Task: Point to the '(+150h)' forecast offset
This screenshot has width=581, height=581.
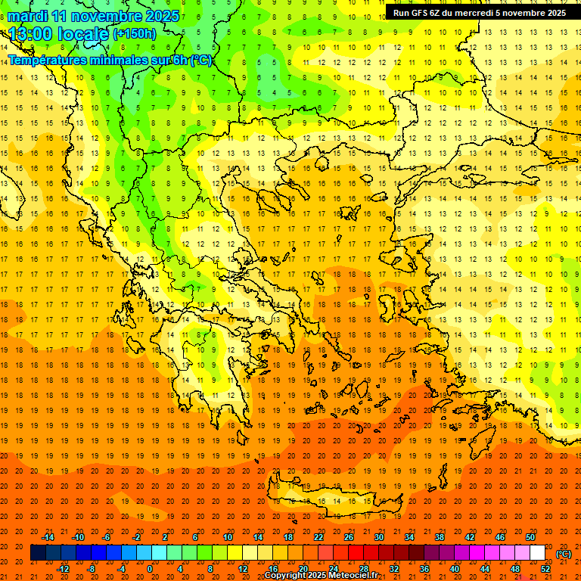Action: click(134, 34)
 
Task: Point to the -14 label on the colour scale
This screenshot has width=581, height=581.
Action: click(48, 537)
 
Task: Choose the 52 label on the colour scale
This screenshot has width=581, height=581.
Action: click(545, 569)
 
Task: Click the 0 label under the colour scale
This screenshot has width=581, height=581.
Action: click(149, 569)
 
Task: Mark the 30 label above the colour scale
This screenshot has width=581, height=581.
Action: click(378, 537)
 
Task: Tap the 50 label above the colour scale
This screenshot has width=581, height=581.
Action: click(530, 537)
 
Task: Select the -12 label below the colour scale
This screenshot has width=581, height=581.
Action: click(63, 569)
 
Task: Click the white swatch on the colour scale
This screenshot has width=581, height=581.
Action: click(537, 553)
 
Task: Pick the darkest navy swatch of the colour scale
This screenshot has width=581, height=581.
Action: click(38, 553)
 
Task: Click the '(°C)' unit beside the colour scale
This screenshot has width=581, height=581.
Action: click(564, 554)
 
